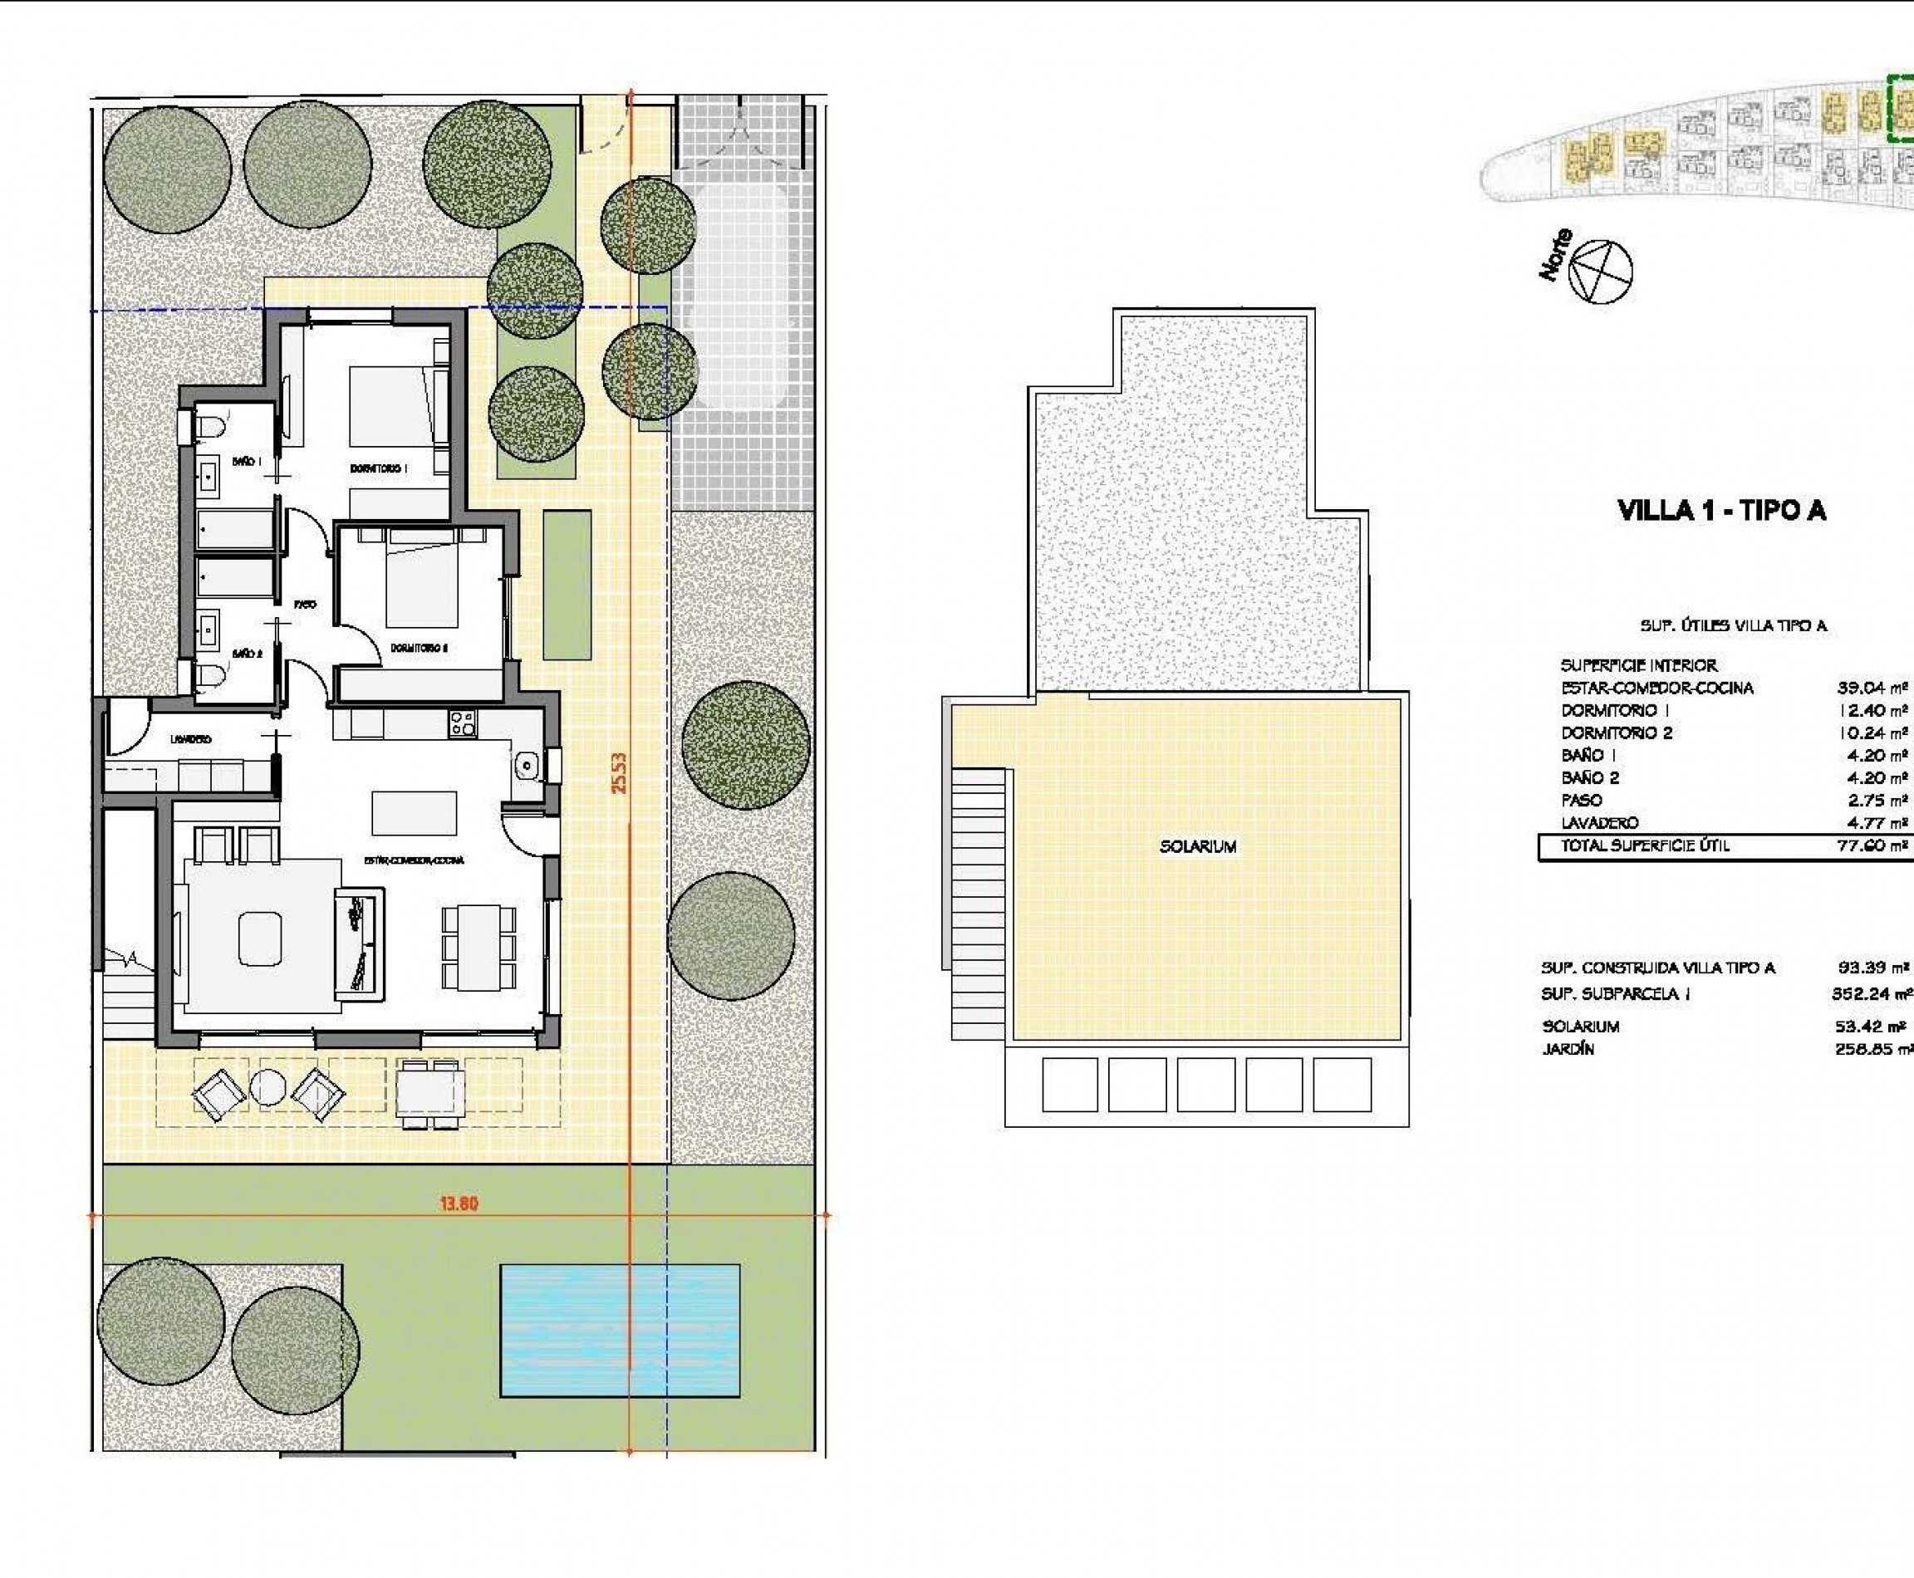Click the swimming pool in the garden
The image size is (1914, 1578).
click(x=619, y=1330)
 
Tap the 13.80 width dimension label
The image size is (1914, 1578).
click(x=459, y=1203)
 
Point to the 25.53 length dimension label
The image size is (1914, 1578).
click(x=619, y=772)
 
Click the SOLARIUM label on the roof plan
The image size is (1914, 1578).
click(x=1198, y=846)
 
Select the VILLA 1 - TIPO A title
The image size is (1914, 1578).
click(x=1721, y=511)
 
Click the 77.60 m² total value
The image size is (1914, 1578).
click(x=1872, y=845)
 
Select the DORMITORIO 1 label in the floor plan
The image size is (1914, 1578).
click(x=378, y=468)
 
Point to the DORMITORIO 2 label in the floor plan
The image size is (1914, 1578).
click(x=420, y=648)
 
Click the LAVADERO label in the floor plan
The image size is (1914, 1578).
click(x=191, y=739)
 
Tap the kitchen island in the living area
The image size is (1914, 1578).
click(x=414, y=811)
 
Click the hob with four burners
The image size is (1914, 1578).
click(x=462, y=723)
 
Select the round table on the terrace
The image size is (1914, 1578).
click(x=268, y=1087)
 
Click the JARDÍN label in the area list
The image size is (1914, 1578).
click(x=1568, y=1049)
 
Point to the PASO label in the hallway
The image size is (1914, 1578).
click(x=306, y=604)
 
